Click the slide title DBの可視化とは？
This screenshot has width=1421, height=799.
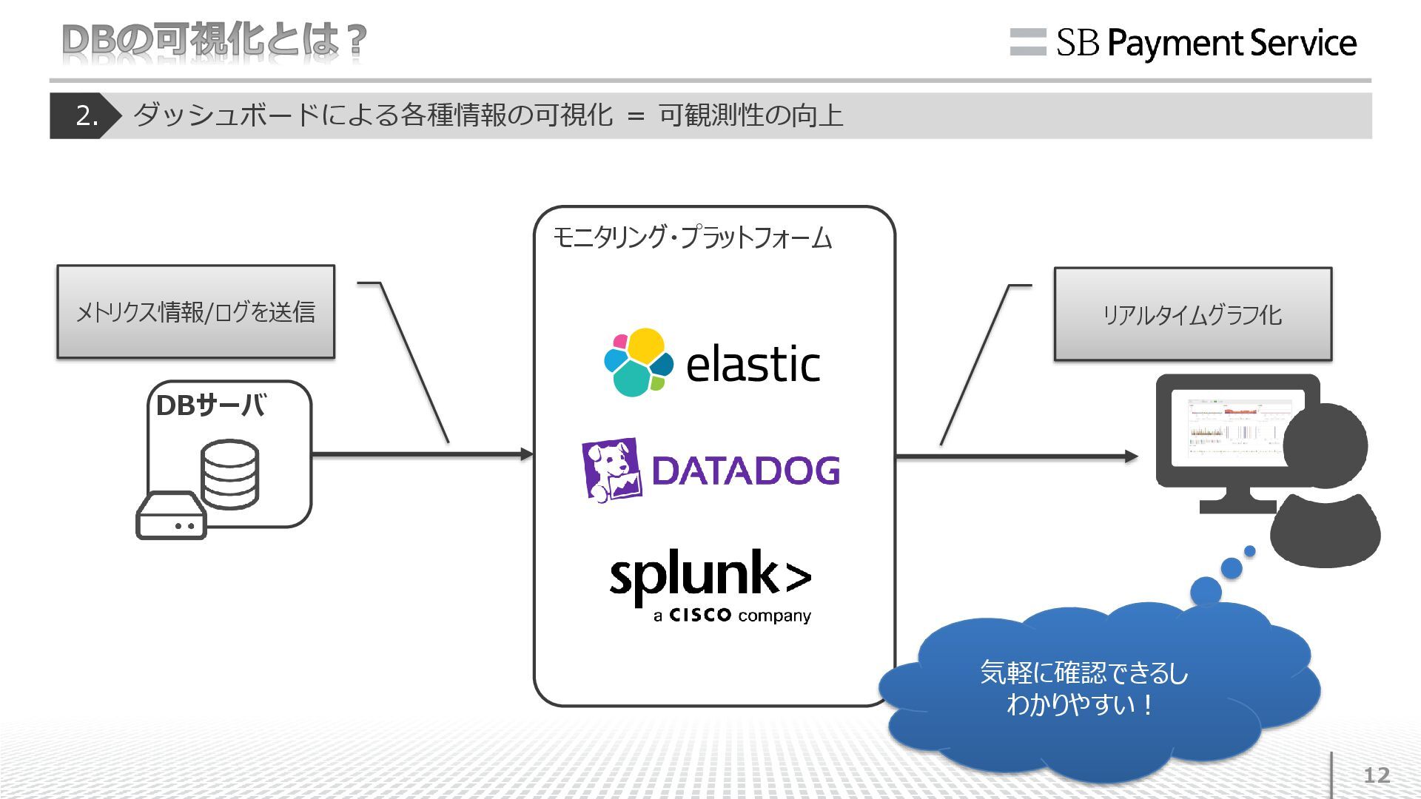(214, 40)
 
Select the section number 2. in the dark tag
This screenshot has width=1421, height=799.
(87, 115)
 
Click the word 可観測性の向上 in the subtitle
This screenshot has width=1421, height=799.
(750, 115)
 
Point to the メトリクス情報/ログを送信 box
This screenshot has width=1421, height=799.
(195, 312)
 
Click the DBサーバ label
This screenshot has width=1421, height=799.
(210, 405)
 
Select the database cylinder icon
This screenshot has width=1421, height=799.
(230, 473)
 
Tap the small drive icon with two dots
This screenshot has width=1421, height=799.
(171, 516)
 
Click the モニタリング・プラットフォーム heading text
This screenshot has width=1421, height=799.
(692, 237)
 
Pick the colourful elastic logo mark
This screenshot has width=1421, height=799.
(637, 363)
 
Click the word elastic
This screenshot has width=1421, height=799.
(753, 364)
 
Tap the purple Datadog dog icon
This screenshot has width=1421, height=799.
(611, 470)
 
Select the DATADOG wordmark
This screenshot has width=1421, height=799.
(746, 471)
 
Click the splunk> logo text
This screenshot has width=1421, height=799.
(709, 577)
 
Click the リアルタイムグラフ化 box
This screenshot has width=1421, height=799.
(1192, 314)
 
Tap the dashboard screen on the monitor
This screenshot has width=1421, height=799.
(1232, 426)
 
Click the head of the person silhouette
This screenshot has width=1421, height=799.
(1325, 445)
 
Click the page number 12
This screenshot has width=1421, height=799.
(1377, 775)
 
